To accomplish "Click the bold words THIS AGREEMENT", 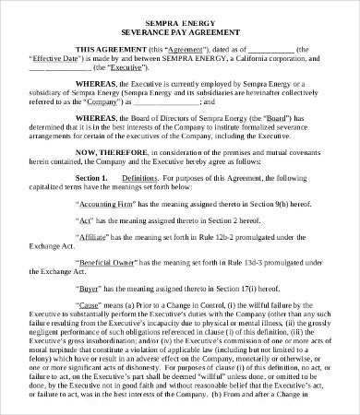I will tap(107, 49).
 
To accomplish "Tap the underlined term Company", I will tap(90, 103).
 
